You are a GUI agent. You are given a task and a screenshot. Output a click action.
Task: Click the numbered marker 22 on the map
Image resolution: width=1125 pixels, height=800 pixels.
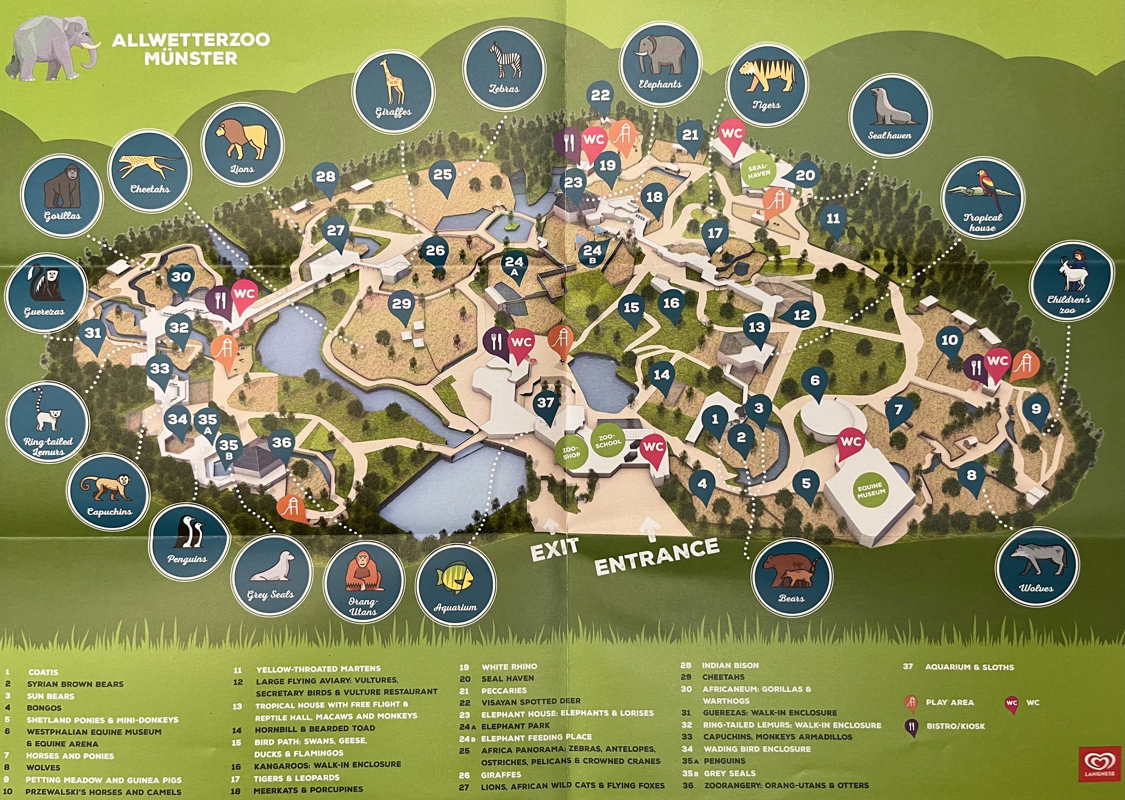click(600, 96)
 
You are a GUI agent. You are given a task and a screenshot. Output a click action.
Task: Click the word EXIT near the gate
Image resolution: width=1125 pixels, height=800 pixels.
click(555, 549)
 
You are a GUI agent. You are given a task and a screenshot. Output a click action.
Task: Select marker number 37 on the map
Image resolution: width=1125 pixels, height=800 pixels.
click(546, 404)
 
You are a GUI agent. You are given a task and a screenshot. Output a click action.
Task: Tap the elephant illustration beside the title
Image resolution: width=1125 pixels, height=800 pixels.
click(52, 49)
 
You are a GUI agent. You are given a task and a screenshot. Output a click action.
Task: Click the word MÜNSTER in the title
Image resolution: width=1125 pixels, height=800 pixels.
click(191, 59)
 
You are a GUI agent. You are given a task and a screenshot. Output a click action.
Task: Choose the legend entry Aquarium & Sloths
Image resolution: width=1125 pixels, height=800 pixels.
click(969, 667)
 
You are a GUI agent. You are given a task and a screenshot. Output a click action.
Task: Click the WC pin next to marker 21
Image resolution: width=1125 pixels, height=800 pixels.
click(731, 134)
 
